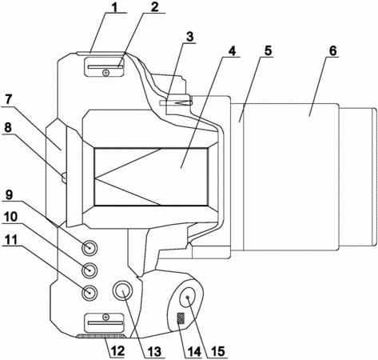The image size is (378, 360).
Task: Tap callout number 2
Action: click(154, 7)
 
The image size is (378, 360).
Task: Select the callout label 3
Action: click(189, 37)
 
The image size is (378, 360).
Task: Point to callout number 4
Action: click(233, 51)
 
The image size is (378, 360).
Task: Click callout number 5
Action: click(268, 50)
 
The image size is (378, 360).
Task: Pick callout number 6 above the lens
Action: click(332, 50)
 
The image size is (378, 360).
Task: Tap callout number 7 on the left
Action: click(8, 99)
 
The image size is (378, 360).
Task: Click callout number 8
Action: click(8, 127)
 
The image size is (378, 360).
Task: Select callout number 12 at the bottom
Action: click(117, 351)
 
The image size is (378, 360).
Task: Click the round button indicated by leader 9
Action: click(90, 248)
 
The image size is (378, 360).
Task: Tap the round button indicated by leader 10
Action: click(90, 270)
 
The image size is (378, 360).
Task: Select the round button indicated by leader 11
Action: click(90, 293)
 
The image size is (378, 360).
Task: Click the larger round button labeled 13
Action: click(122, 290)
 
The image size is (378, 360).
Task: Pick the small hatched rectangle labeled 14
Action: click(181, 318)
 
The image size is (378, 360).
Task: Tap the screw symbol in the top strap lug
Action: click(106, 73)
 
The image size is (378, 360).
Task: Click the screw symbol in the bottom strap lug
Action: click(106, 317)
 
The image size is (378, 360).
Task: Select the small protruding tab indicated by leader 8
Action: click(64, 178)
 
